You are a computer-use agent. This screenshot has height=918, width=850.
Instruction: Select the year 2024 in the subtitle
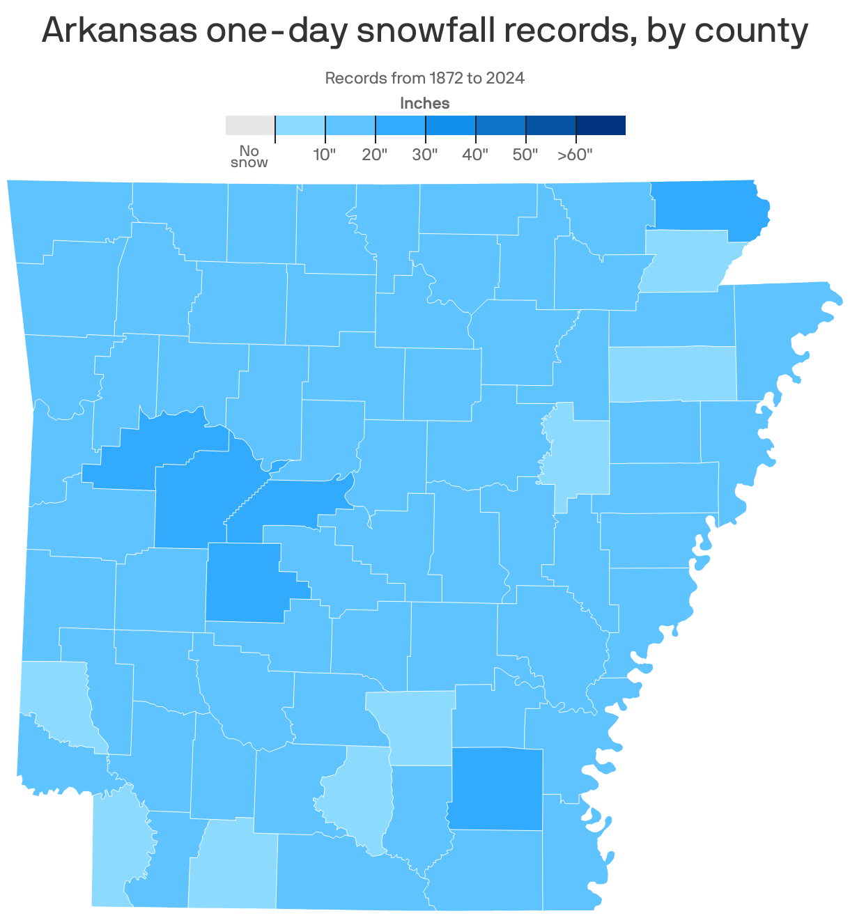[505, 78]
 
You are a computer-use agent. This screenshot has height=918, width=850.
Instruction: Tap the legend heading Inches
[424, 104]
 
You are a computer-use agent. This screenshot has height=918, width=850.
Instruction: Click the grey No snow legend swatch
[250, 125]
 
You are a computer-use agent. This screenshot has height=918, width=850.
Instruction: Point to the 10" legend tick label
[325, 155]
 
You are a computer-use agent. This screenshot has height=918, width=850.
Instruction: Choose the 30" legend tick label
[425, 155]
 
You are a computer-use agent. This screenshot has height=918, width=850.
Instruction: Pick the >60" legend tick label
[575, 155]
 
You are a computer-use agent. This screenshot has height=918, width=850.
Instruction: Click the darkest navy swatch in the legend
[601, 125]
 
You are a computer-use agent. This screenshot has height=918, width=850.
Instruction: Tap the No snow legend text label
[249, 157]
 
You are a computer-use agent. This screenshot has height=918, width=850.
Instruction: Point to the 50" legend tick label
[525, 155]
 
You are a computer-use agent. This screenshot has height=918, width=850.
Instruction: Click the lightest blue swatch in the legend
[300, 125]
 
